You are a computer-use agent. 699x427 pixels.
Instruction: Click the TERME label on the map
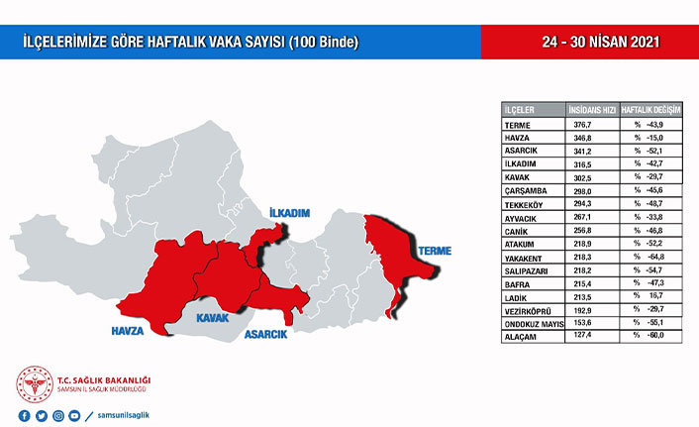coord(434,252)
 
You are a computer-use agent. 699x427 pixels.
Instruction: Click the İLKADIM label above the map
coord(289,214)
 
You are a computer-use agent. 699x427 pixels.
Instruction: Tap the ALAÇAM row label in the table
coord(522,337)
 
